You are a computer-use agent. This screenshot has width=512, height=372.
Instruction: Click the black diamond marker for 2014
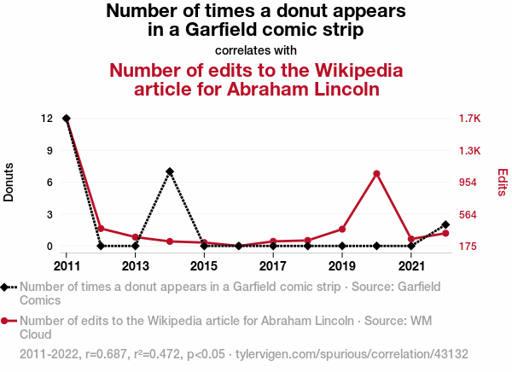click(170, 171)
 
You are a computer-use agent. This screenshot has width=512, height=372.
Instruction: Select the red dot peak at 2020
click(376, 174)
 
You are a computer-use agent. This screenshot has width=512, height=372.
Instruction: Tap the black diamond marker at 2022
click(445, 224)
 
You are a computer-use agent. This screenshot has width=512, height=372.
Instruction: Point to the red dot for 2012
click(101, 229)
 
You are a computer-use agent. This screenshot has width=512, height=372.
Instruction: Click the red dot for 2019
click(342, 229)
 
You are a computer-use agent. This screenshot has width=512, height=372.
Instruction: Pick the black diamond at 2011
click(67, 119)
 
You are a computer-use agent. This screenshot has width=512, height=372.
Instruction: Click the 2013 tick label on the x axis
click(136, 265)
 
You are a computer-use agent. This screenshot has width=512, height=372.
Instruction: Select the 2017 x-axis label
click(273, 265)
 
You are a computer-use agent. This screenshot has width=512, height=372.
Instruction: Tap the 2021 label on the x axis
click(411, 265)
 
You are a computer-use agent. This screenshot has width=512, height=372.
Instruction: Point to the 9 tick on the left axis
click(50, 150)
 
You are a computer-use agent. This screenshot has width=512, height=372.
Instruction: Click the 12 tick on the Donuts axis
click(48, 119)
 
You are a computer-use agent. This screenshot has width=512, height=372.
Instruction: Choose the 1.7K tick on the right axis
click(469, 119)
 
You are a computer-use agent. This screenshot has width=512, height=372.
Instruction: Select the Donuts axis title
click(9, 182)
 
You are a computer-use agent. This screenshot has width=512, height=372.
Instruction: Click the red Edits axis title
click(502, 182)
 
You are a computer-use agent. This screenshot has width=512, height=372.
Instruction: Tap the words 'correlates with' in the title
click(256, 49)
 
